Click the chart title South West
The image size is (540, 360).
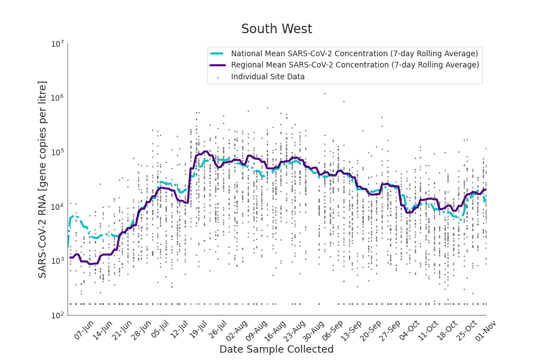276,29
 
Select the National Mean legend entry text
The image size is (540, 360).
354,53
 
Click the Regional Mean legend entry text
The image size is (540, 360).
355,65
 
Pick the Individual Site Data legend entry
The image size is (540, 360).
268,76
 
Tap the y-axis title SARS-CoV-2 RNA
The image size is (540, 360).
43,179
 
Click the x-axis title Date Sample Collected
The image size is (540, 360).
276,349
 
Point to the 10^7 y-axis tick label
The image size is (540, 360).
58,44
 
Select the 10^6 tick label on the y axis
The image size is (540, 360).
58,98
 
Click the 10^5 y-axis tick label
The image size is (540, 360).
58,152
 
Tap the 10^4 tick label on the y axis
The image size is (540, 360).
58,207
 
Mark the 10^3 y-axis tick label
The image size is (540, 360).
58,261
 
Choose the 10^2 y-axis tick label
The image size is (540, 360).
58,316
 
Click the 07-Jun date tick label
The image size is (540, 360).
84,330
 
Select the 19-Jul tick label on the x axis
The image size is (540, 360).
199,330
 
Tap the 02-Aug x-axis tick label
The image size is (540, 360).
237,330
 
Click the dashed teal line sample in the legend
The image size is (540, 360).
218,53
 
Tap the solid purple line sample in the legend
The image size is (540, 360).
218,65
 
